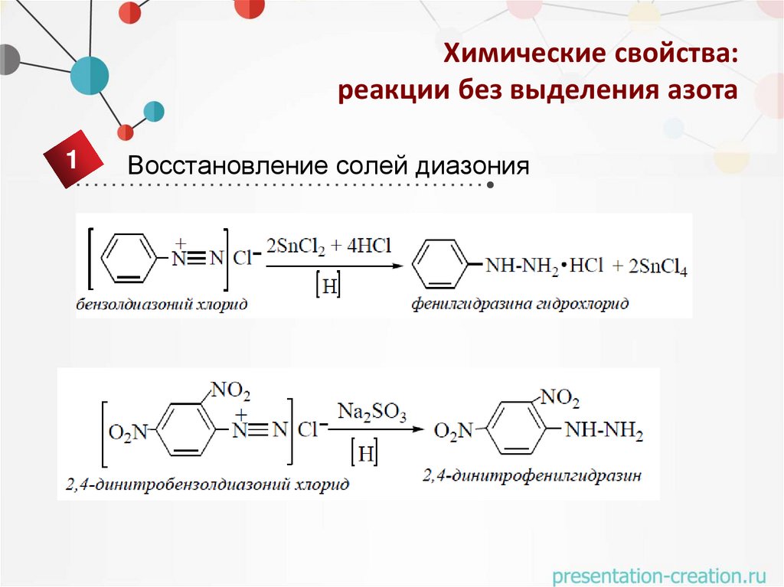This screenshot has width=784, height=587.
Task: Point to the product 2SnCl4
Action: [x=658, y=267]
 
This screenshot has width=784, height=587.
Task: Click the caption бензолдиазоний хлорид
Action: [x=162, y=305]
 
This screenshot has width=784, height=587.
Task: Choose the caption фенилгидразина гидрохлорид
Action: [x=520, y=305]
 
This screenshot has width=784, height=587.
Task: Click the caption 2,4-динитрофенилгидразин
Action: [x=531, y=475]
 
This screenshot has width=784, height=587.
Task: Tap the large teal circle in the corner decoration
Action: [x=90, y=75]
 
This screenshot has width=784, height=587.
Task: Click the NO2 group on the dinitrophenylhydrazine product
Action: [x=559, y=398]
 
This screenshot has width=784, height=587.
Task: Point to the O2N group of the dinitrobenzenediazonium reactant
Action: [x=127, y=433]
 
